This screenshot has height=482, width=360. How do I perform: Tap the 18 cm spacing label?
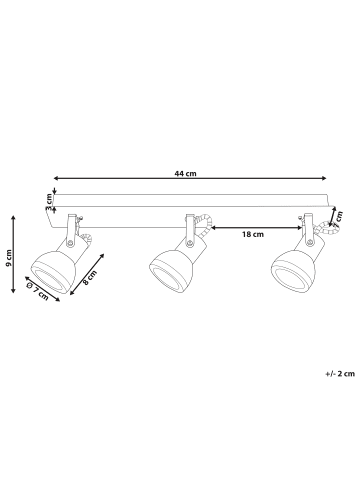(x=252, y=234)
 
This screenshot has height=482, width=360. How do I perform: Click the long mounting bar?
(x=190, y=207)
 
